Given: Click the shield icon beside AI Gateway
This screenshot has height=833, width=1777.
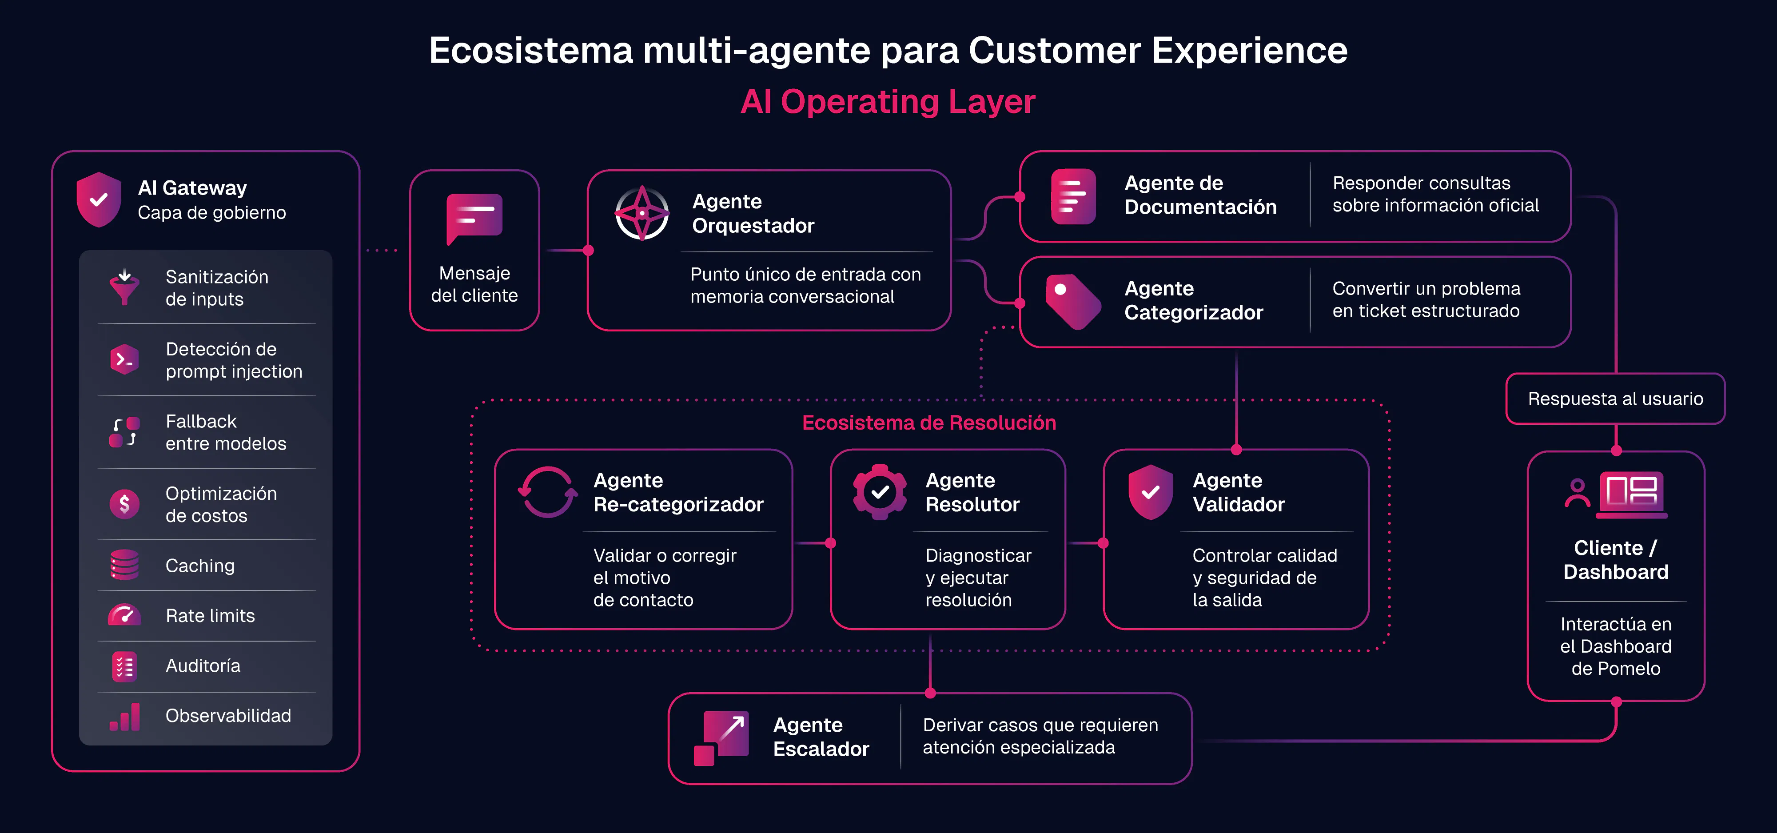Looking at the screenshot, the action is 99,199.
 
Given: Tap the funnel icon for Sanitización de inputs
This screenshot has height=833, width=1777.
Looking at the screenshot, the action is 124,287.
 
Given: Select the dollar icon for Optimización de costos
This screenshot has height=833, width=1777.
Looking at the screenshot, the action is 124,504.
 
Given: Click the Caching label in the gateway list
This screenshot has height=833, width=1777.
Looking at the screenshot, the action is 200,566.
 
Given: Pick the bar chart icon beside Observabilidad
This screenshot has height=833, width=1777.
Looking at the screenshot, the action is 125,717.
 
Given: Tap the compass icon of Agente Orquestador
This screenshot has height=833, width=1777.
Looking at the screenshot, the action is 641,213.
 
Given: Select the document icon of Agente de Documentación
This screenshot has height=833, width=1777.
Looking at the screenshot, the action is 1073,196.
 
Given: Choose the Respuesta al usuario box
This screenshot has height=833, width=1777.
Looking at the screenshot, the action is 1616,399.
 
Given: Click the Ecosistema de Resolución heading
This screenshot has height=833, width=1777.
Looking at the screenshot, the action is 928,422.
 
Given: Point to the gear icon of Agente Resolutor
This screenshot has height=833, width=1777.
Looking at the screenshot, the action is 880,492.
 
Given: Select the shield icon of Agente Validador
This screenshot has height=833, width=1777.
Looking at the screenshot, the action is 1150,492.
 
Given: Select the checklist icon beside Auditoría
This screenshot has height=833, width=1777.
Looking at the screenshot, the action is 124,666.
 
